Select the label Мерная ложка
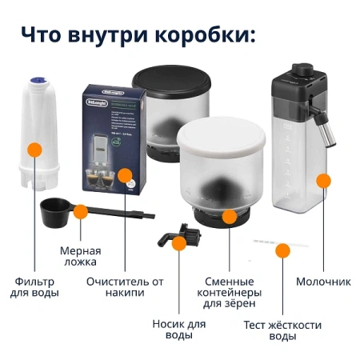(x=79, y=256)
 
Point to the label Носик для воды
(x=178, y=330)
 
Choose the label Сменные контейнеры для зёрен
(x=230, y=293)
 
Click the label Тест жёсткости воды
(x=282, y=330)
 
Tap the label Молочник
(x=323, y=282)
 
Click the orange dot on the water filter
(x=34, y=149)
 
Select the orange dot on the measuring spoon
(x=80, y=211)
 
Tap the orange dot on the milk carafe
(x=323, y=181)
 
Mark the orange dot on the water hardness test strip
(x=282, y=250)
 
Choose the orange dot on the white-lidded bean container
(x=230, y=216)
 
